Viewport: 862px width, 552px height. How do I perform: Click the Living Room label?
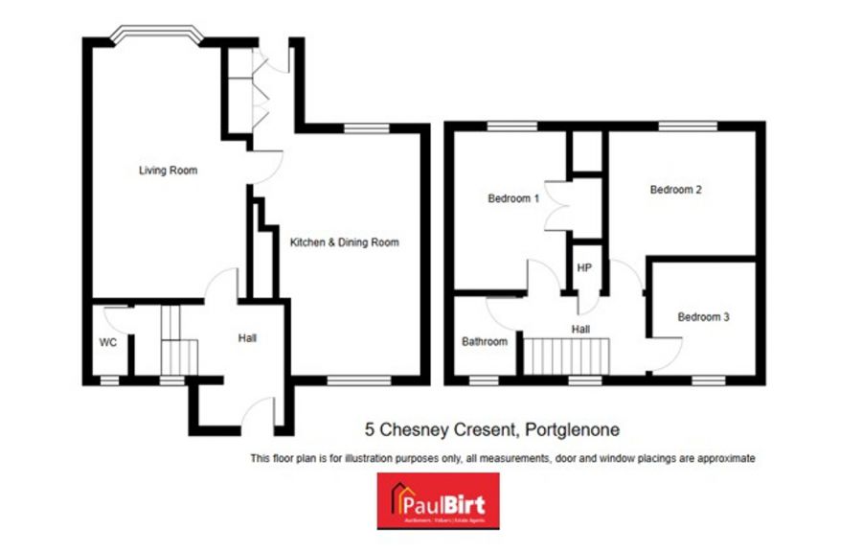coord(168,171)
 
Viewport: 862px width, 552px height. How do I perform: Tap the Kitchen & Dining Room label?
coord(344,242)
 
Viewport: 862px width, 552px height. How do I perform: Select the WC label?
coord(107,342)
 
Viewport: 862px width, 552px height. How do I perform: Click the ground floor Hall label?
coord(247,337)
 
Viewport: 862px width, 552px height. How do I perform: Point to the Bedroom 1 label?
coord(513,199)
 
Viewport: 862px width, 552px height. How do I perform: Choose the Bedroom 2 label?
coord(676,190)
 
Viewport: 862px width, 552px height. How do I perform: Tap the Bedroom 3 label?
coord(704,316)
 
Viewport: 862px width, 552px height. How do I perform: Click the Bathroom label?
coord(485,341)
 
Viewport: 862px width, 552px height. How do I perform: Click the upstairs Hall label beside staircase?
coord(580,328)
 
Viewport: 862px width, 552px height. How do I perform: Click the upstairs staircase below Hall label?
coord(567,356)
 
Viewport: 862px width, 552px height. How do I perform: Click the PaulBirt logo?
coord(436,501)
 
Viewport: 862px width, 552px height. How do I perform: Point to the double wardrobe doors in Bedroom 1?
coord(556,205)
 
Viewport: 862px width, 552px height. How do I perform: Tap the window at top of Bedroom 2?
coord(688,126)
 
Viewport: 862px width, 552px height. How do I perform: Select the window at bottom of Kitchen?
coord(359,380)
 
